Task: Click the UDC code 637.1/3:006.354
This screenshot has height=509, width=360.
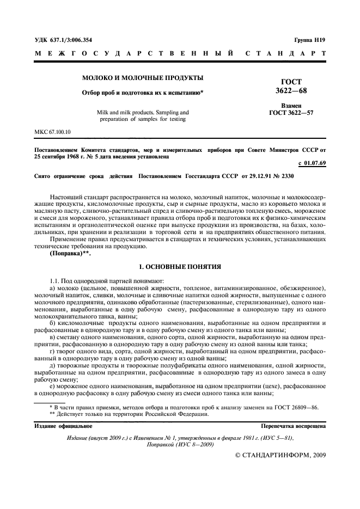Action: point(63,39)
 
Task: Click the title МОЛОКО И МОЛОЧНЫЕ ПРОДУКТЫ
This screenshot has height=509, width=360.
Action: point(143,78)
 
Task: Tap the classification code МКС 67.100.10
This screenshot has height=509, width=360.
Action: point(52,132)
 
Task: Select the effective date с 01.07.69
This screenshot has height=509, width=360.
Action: point(312,163)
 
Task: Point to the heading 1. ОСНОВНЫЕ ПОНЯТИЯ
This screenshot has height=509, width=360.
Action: point(180,267)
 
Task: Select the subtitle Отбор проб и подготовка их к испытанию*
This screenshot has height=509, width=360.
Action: point(143,93)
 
